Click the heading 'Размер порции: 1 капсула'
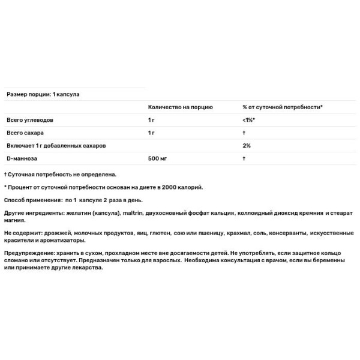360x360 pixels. tap(43, 94)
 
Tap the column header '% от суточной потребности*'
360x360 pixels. tap(283, 107)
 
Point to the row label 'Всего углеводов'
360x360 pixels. tap(31, 119)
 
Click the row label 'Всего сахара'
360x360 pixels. tap(25, 132)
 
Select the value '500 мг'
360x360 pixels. tap(158, 158)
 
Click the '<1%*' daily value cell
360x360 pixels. tap(249, 119)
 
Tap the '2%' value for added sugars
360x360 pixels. tap(247, 145)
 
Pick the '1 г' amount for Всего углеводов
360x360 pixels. tap(152, 119)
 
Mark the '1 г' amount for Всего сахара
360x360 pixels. tap(152, 132)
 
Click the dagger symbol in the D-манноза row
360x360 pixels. tap(244, 158)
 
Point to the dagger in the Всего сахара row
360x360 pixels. tap(244, 132)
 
